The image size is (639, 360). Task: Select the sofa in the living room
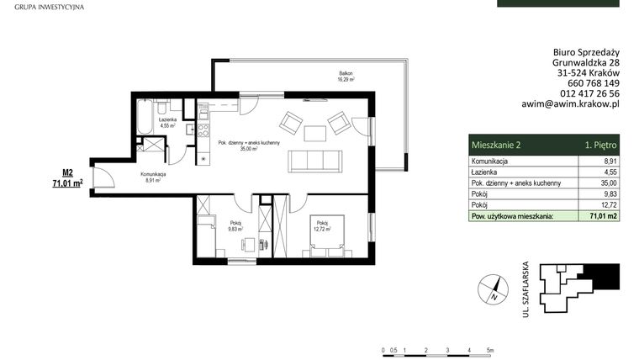pyautogui.click(x=315, y=160)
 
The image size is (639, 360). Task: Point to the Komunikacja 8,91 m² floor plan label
pyautogui.click(x=153, y=176)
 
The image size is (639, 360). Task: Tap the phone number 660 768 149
pyautogui.click(x=588, y=83)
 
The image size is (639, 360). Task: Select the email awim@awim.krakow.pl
pyautogui.click(x=571, y=105)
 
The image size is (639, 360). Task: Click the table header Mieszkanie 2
pyautogui.click(x=496, y=146)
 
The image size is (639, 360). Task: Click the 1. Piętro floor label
pyautogui.click(x=600, y=146)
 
